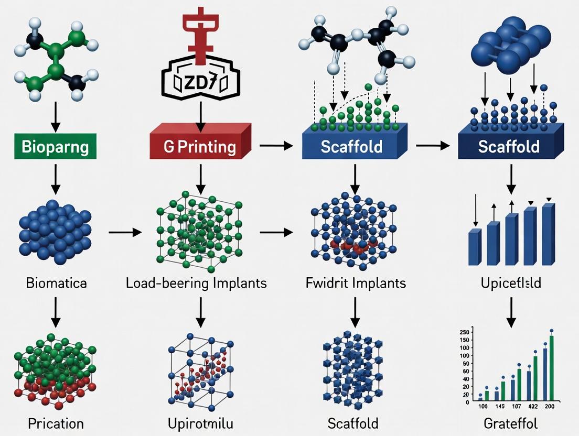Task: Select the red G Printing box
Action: [x=200, y=147]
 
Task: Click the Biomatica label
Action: [x=56, y=284]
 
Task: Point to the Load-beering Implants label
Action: [x=196, y=284]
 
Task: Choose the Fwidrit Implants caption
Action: [x=355, y=284]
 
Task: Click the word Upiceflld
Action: [x=511, y=284]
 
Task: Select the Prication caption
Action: [x=56, y=423]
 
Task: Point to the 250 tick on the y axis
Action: [x=463, y=332]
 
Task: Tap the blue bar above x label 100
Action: [x=480, y=399]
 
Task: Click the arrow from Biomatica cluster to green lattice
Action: [x=124, y=231]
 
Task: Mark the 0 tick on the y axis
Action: [x=467, y=402]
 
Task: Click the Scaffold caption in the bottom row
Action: [x=353, y=423]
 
